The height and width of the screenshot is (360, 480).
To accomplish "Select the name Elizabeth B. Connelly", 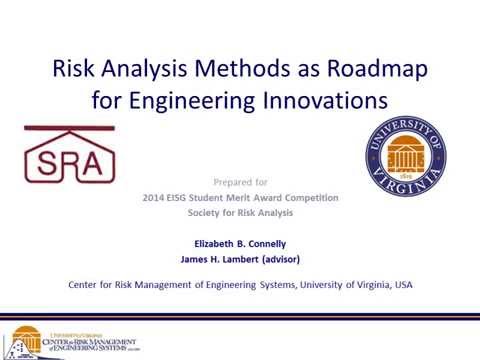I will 239,243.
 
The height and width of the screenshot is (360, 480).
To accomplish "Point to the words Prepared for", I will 240,182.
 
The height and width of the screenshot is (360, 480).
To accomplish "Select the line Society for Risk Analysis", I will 239,214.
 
